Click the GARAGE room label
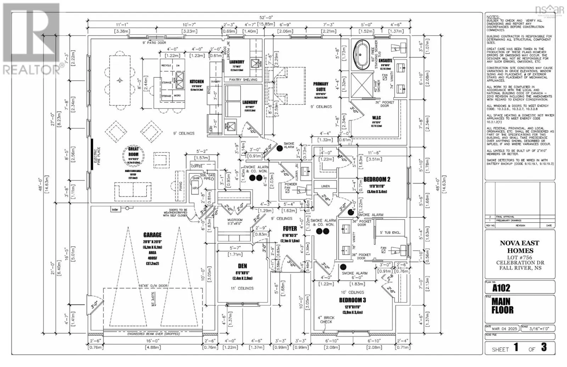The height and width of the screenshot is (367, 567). (x=152, y=235)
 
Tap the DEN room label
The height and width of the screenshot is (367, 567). (x=242, y=266)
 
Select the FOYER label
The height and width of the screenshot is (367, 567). (x=290, y=229)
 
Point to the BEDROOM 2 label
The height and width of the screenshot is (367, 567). (x=377, y=179)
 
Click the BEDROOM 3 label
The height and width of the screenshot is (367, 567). (x=353, y=300)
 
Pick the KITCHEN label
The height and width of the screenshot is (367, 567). (x=196, y=82)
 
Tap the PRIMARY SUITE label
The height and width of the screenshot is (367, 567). (x=321, y=87)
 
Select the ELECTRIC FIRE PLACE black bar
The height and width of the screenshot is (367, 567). (x=91, y=155)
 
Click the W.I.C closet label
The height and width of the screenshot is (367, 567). (x=376, y=117)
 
